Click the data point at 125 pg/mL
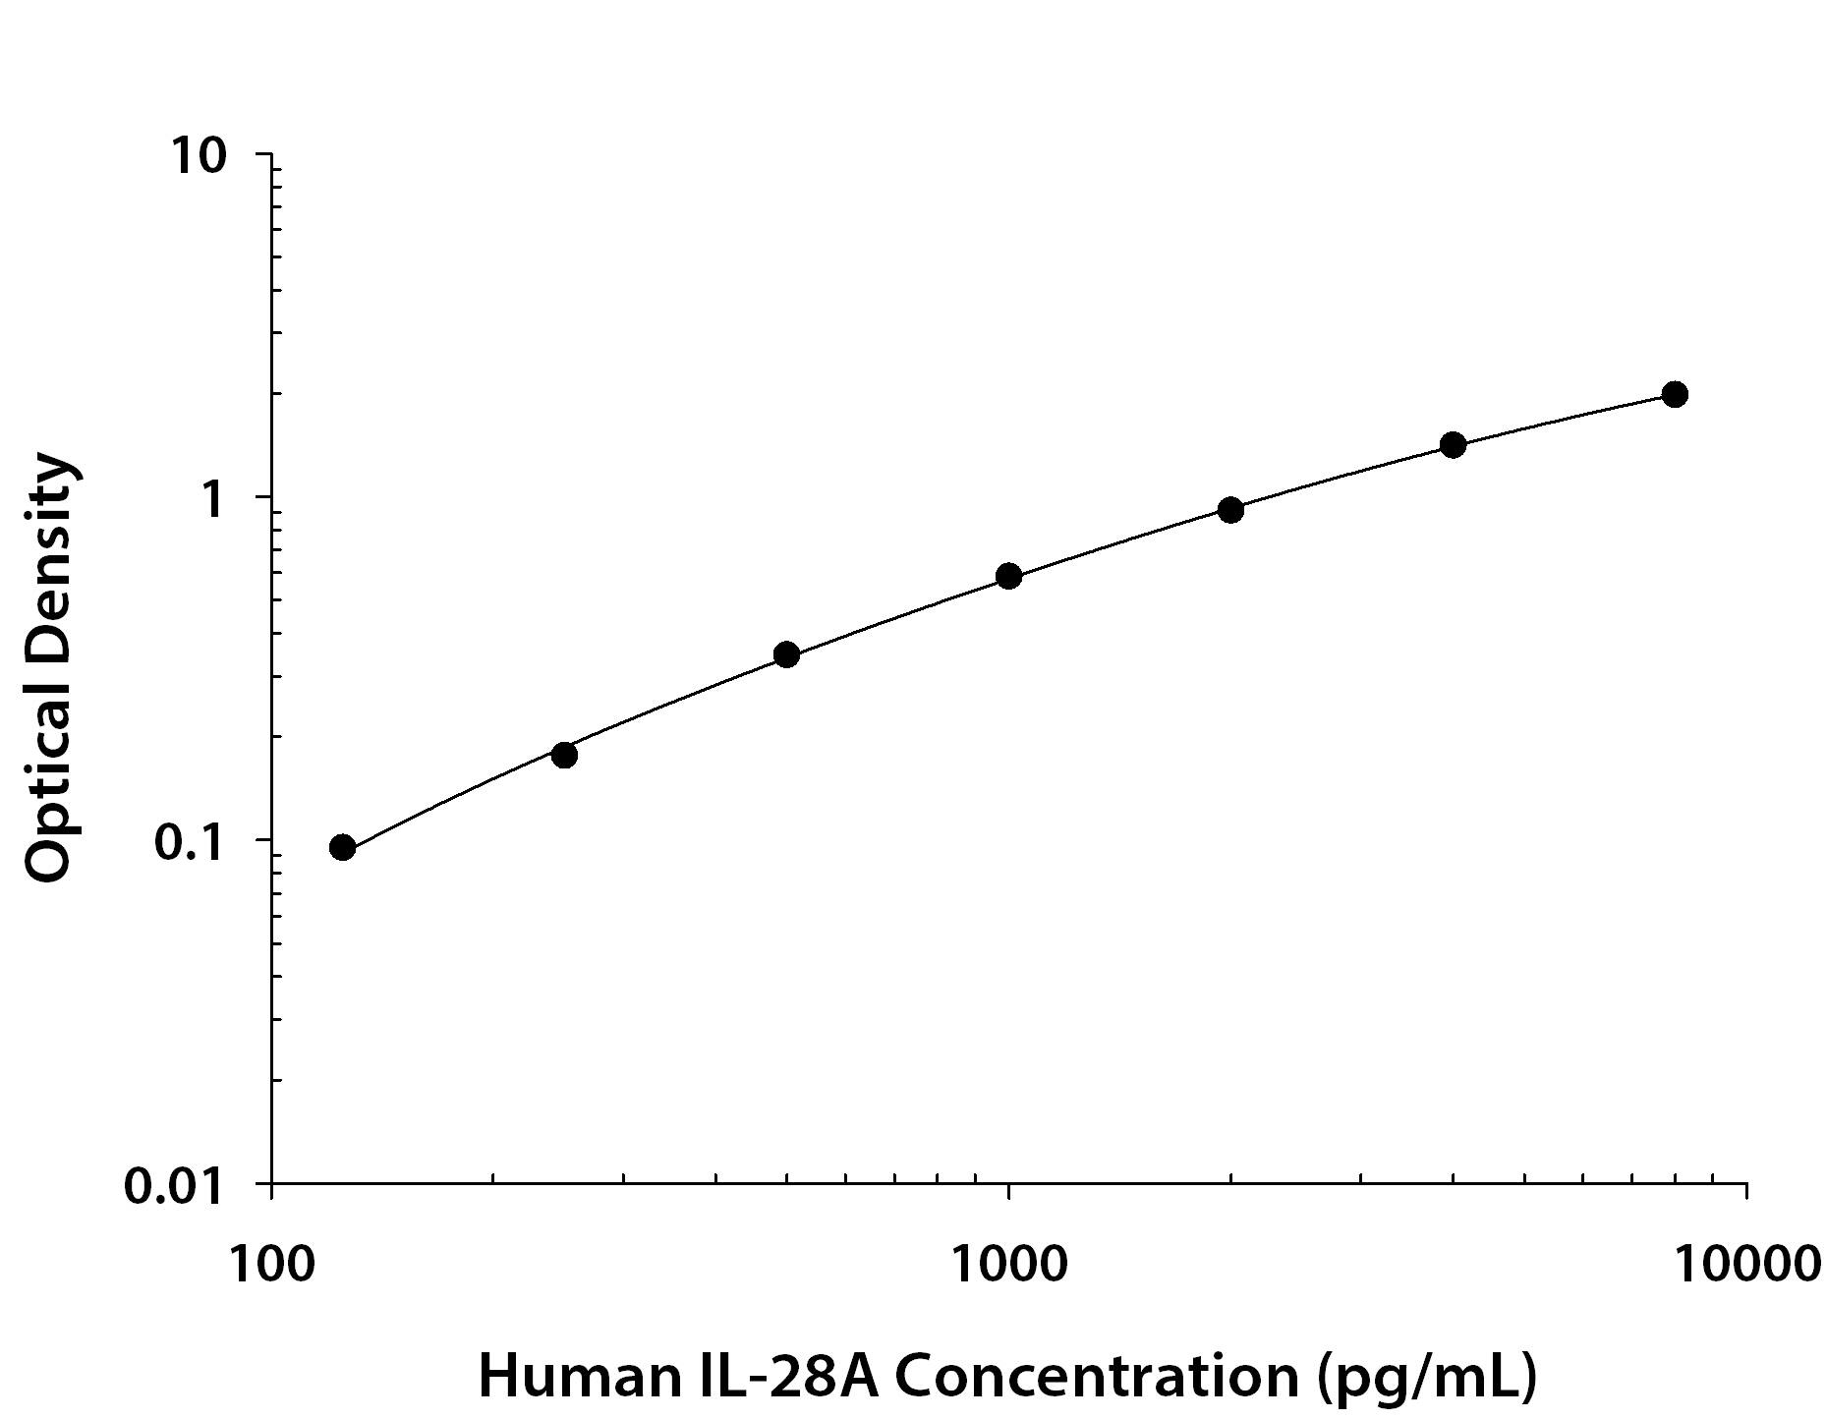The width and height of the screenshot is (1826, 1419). (342, 847)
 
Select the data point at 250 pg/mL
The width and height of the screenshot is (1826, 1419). (564, 755)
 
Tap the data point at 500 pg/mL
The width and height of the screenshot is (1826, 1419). (786, 654)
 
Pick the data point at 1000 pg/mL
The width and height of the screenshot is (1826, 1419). (1008, 576)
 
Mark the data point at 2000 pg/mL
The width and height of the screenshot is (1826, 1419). (1230, 509)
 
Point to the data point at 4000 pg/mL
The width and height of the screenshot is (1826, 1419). (1453, 445)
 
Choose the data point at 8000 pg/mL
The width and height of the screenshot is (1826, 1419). (1675, 394)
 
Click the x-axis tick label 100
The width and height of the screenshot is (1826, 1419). (271, 1264)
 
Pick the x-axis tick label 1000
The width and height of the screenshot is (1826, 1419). (1008, 1264)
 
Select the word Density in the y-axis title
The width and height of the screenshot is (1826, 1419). (49, 560)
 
